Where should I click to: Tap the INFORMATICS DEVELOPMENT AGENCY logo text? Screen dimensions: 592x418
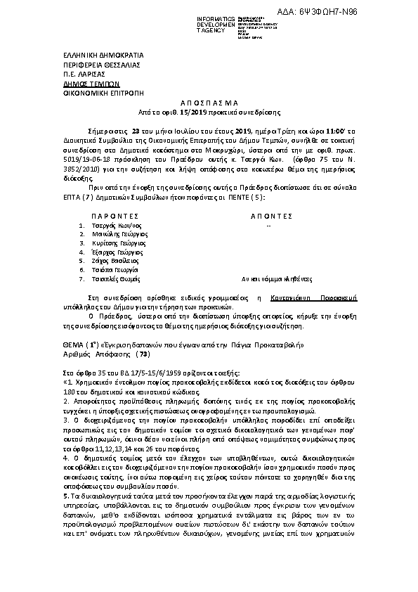198,22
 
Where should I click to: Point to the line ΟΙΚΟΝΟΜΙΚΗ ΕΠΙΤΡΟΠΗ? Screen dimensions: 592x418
93,91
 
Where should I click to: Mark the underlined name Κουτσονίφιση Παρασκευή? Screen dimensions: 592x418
315,299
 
